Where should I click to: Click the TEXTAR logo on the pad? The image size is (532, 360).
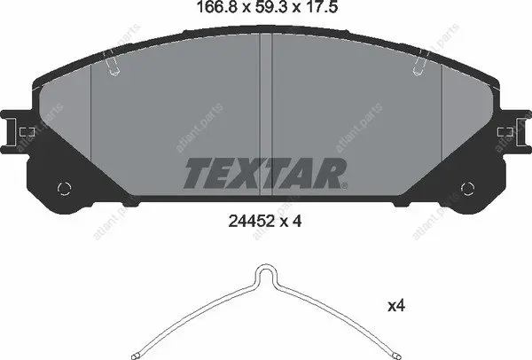265,173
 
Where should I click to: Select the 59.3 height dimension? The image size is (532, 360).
268,7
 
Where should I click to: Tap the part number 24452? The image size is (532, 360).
252,222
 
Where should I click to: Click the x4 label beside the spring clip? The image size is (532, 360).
396,307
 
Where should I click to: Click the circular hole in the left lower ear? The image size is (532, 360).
64,188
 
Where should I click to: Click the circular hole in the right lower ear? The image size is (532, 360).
467,188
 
